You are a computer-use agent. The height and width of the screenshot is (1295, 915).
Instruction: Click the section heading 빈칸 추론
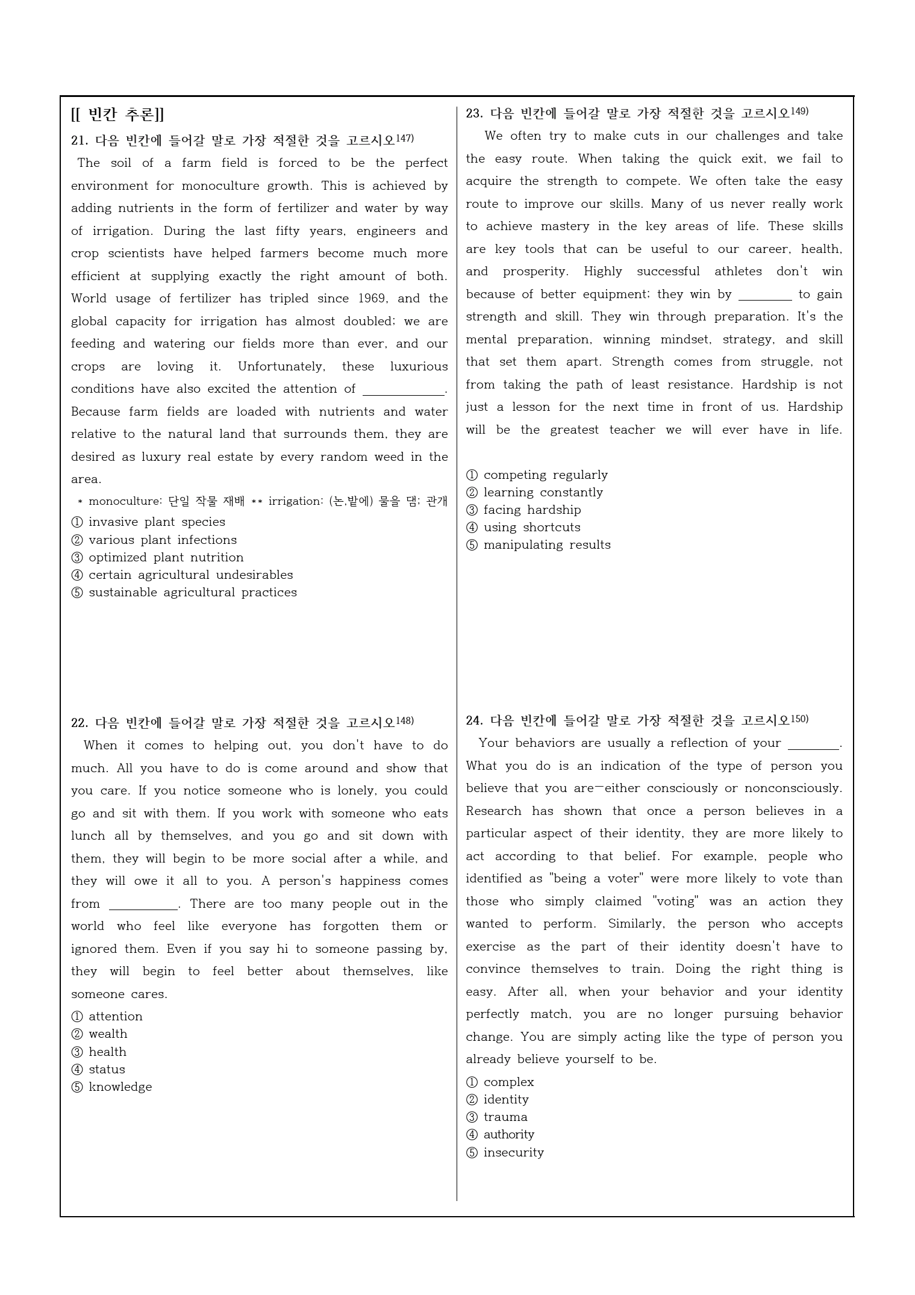coord(117,114)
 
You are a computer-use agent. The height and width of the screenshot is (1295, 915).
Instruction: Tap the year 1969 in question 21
coord(373,299)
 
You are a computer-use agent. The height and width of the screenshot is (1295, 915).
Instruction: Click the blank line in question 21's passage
coord(403,390)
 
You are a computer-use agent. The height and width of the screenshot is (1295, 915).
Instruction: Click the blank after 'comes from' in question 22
coord(143,905)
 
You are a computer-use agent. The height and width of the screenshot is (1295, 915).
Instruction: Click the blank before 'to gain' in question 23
coord(764,295)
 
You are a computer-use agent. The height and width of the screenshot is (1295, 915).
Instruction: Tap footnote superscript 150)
coord(799,719)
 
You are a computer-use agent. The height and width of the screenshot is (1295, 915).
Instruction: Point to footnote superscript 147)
coord(405,139)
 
